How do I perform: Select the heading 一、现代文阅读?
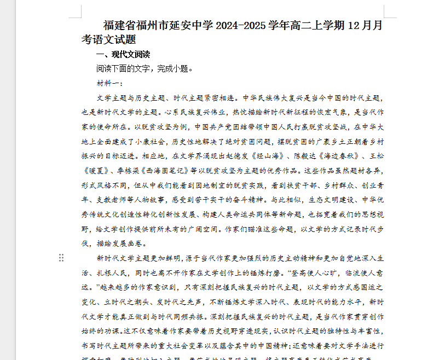point(123,55)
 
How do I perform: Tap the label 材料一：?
point(110,83)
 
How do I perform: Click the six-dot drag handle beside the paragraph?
point(62,258)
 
